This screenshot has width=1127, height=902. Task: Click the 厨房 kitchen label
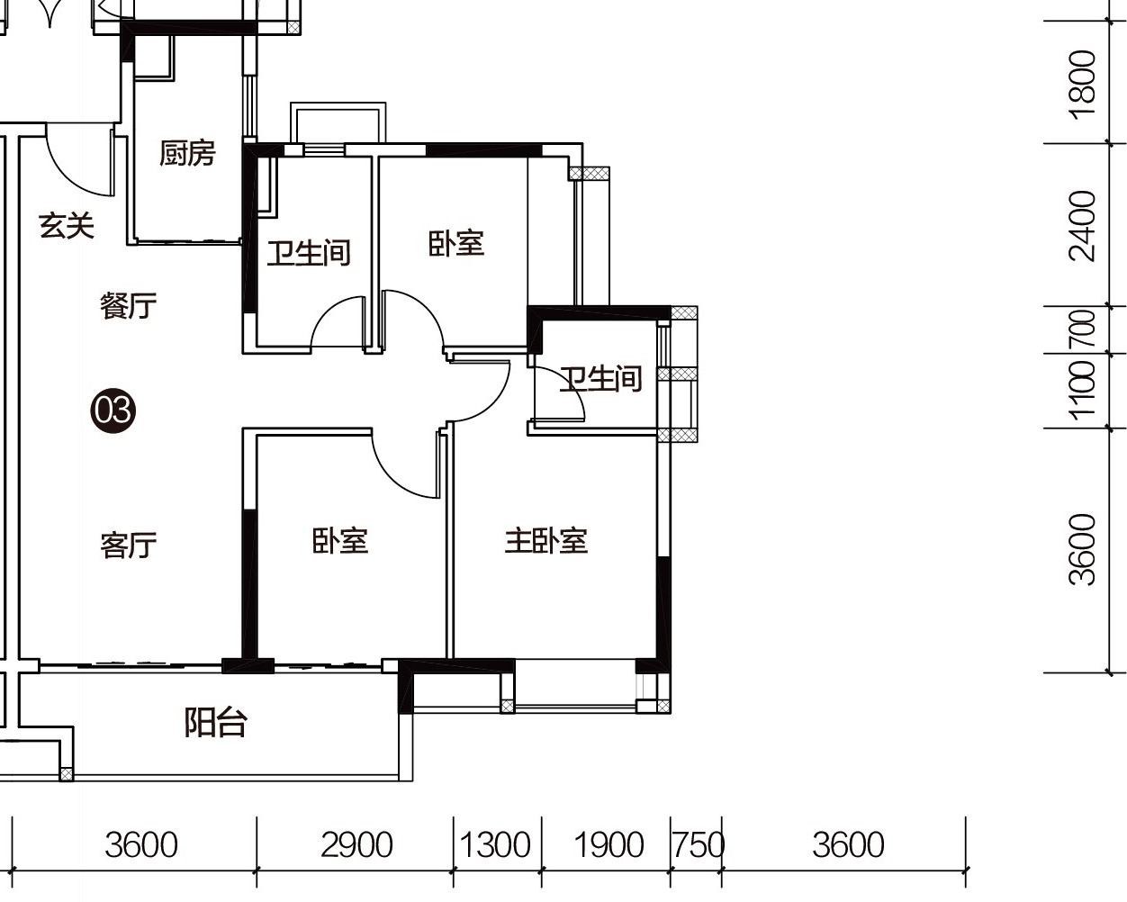[x=187, y=153]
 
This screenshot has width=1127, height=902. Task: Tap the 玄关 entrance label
[x=67, y=226]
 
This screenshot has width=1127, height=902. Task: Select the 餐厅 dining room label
[x=129, y=306]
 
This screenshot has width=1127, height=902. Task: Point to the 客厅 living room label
[x=129, y=545]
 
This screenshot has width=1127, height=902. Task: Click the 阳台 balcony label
[x=215, y=723]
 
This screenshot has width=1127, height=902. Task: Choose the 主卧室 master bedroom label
[x=546, y=541]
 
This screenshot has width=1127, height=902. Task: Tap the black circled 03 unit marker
[x=113, y=410]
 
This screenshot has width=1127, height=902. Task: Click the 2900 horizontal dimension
[x=356, y=845]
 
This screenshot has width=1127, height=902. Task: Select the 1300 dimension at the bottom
[x=495, y=845]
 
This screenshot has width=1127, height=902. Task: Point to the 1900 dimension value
[x=609, y=845]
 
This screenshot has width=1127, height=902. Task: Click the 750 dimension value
[x=699, y=845]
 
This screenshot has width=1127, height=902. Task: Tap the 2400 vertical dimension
[x=1082, y=226]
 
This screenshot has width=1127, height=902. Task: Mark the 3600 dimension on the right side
[x=1082, y=549]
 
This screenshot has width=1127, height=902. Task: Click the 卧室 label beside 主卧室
[x=340, y=541]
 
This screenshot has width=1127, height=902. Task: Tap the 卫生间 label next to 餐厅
[x=309, y=253]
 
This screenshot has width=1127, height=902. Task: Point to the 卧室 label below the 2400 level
[x=456, y=244]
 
